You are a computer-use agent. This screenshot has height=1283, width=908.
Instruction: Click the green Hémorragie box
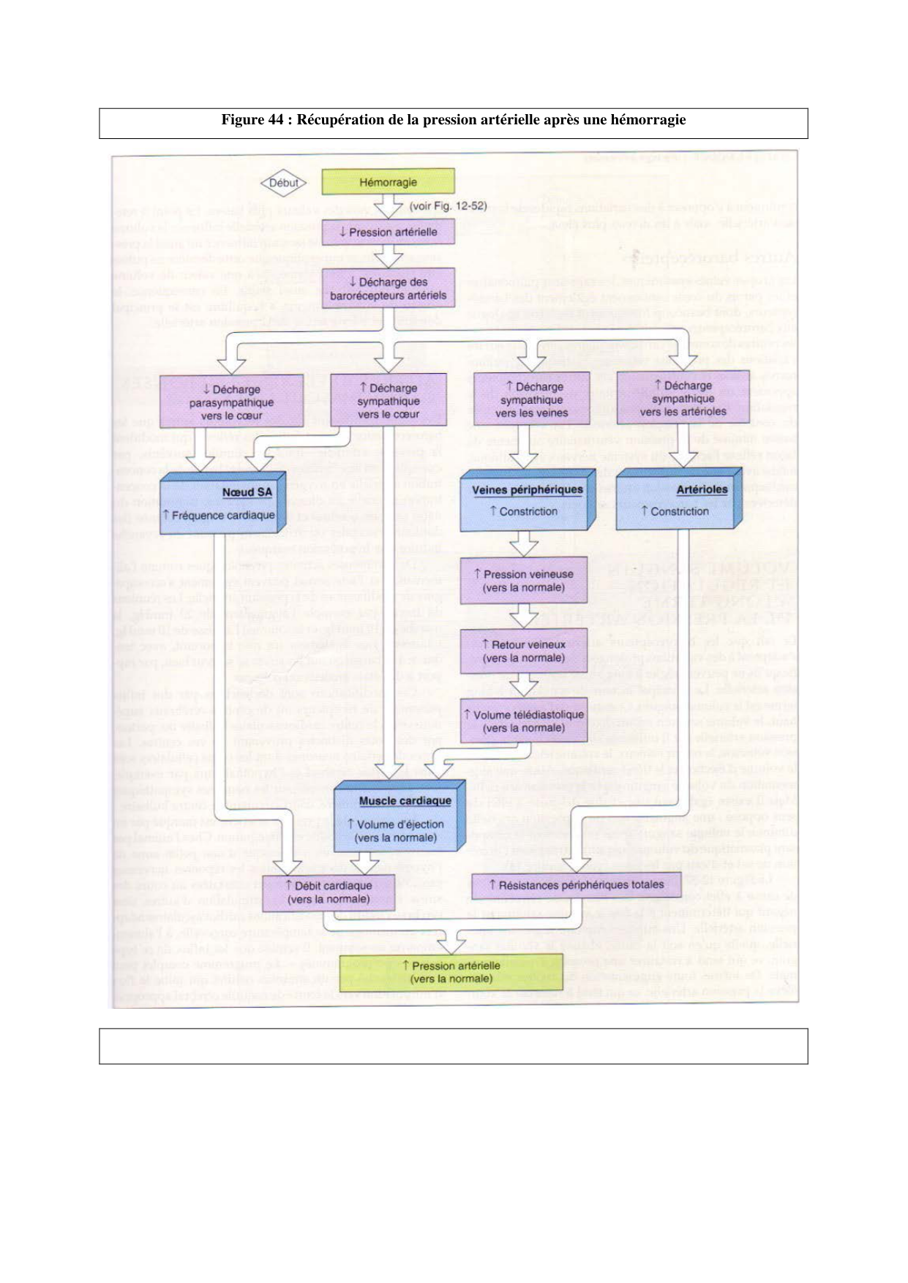(388, 181)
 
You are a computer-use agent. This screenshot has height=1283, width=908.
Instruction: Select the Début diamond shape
(283, 183)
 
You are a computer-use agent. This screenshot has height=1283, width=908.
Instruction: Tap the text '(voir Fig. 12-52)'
(448, 206)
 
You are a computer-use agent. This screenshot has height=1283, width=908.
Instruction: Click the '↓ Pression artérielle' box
(388, 232)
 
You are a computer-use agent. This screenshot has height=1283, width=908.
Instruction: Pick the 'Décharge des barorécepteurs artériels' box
(388, 288)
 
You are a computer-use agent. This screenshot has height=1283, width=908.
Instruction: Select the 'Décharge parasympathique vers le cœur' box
(231, 402)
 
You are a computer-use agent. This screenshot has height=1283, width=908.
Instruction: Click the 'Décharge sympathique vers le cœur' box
(388, 400)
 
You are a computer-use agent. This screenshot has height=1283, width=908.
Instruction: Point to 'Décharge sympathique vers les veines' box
(531, 399)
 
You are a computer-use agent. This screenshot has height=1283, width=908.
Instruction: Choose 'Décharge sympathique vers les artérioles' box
(683, 398)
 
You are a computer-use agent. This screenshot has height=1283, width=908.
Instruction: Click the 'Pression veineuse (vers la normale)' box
(523, 581)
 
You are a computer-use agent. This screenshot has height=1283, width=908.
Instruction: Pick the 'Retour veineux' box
(523, 651)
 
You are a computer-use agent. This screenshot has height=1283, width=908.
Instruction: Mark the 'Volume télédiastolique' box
(523, 721)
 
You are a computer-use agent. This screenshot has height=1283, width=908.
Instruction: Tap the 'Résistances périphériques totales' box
(576, 885)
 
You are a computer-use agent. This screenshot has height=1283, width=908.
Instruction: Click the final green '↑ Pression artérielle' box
(451, 972)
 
